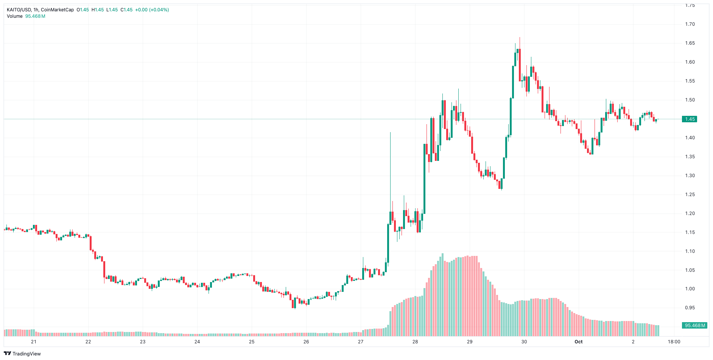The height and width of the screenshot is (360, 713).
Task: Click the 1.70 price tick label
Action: pyautogui.click(x=690, y=24)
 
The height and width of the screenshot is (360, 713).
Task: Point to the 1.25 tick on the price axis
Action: pyautogui.click(x=690, y=195)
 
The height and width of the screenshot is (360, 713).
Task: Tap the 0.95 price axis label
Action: pyautogui.click(x=690, y=308)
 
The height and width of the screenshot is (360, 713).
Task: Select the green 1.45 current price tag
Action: pyautogui.click(x=690, y=119)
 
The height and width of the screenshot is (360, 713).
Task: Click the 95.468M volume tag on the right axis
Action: pyautogui.click(x=695, y=326)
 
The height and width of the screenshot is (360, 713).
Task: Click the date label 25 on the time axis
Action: pyautogui.click(x=252, y=342)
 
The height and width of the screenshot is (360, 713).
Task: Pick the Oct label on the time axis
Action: pyautogui.click(x=578, y=342)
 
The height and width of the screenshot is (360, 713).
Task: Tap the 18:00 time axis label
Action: pyautogui.click(x=674, y=342)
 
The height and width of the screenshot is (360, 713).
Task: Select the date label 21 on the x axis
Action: pyautogui.click(x=34, y=342)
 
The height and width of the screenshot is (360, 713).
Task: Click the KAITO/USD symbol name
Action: pyautogui.click(x=19, y=10)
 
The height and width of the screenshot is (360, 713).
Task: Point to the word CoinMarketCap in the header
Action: pyautogui.click(x=57, y=10)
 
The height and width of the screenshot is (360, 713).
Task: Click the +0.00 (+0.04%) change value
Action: pyautogui.click(x=152, y=10)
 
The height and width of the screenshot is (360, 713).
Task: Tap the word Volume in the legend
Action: pyautogui.click(x=15, y=16)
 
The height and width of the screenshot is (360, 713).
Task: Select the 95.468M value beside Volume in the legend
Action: pyautogui.click(x=35, y=16)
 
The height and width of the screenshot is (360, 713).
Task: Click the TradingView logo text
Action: pyautogui.click(x=26, y=354)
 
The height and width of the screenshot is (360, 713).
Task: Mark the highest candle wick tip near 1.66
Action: pyautogui.click(x=520, y=37)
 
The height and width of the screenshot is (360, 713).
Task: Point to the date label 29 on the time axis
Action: pyautogui.click(x=470, y=342)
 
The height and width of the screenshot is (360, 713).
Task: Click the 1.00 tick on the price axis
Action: pyautogui.click(x=690, y=289)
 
